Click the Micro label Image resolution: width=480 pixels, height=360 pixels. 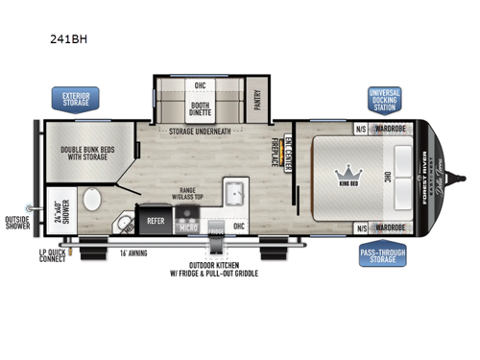(189, 228)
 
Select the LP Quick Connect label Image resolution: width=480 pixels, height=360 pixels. (54, 255)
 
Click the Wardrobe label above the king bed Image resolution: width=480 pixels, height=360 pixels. (393, 128)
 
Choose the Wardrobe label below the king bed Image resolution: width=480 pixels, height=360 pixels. (393, 228)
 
